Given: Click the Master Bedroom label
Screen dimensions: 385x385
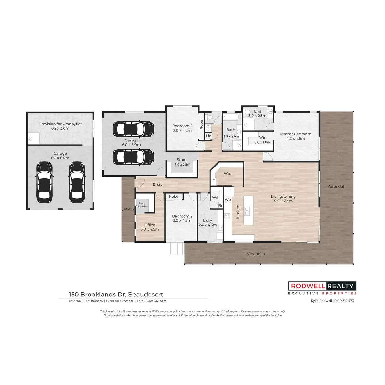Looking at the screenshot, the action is point(295,134).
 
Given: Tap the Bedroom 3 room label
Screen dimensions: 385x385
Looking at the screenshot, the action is point(183,126).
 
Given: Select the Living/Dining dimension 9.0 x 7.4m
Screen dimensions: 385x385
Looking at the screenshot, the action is point(283,201).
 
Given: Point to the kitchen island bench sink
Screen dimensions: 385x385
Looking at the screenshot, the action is point(247,211).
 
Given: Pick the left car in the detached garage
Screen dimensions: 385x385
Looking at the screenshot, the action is point(44,182).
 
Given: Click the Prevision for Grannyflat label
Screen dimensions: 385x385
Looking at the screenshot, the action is point(60,124).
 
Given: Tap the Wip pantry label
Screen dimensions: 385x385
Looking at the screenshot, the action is point(227,174).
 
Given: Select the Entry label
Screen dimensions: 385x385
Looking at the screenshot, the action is point(158,184).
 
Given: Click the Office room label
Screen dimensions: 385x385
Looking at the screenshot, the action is point(150,225).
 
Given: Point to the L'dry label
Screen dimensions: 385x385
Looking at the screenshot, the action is point(207,220).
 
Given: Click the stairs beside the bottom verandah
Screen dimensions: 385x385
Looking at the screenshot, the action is point(177,249).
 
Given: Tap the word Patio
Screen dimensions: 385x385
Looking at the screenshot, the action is point(129,209).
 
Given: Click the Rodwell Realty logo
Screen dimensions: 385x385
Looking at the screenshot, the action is point(322,288).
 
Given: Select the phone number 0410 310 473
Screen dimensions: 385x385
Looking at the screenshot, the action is point(344,301).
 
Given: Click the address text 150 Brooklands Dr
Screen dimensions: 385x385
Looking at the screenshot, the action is point(98,295).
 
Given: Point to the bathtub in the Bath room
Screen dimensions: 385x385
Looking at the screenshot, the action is point(231,116).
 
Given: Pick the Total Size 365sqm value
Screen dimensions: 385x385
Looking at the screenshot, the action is point(160,301).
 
